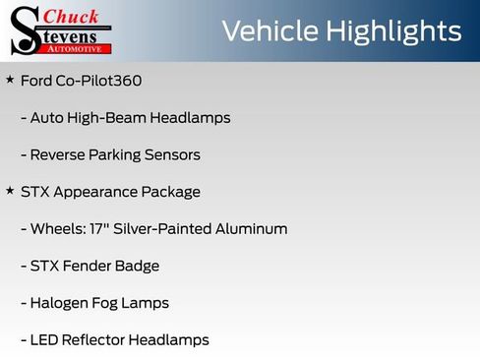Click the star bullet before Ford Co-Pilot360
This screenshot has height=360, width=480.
coord(10,79)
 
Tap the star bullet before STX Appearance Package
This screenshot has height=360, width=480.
coord(10,191)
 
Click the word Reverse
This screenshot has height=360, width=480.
coord(58,154)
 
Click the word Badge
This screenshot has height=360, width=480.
coord(138,266)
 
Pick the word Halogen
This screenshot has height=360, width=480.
coord(60,303)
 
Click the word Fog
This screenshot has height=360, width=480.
coord(108,303)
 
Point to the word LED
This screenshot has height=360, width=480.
coord(45,340)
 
